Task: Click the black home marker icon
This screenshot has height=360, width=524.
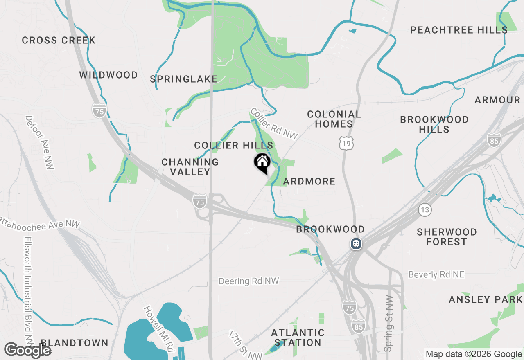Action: (262, 163)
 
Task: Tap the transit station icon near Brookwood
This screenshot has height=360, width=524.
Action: (356, 244)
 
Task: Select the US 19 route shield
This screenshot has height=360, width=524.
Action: (346, 143)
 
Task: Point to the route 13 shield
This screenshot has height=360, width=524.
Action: (425, 210)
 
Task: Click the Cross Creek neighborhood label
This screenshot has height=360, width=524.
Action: (59, 40)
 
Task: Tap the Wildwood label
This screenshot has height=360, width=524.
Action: (108, 75)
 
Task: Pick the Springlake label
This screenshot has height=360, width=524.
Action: (183, 79)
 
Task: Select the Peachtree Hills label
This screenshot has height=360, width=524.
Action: (459, 30)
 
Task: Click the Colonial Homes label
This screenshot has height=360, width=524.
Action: (334, 119)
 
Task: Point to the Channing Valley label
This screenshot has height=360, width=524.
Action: (190, 167)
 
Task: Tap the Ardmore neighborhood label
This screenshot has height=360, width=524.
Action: (309, 181)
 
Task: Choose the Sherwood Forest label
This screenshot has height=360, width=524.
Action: (447, 237)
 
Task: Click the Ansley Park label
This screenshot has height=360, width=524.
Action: (486, 300)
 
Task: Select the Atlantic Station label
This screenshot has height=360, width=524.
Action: (298, 337)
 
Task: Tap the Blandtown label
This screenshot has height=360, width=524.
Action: (75, 343)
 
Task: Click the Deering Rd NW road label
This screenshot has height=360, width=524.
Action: (248, 281)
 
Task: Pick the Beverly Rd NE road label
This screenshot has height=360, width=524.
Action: (436, 274)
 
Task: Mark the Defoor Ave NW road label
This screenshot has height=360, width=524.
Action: (40, 142)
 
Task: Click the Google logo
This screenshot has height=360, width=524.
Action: (27, 350)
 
